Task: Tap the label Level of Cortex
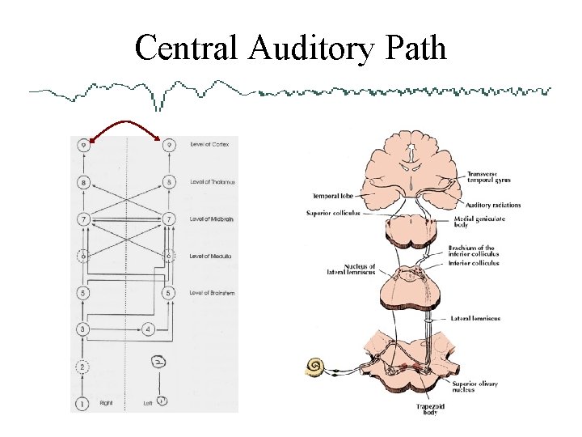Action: click(210, 145)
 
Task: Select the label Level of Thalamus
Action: click(212, 182)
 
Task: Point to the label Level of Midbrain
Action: click(212, 219)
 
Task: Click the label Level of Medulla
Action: click(211, 256)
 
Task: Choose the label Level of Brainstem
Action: click(213, 292)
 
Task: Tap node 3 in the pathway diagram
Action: click(84, 329)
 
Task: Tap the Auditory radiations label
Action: click(494, 206)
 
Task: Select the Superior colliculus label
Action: click(333, 214)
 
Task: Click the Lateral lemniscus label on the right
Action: click(475, 319)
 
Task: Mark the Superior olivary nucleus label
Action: click(474, 387)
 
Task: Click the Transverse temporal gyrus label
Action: click(488, 177)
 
